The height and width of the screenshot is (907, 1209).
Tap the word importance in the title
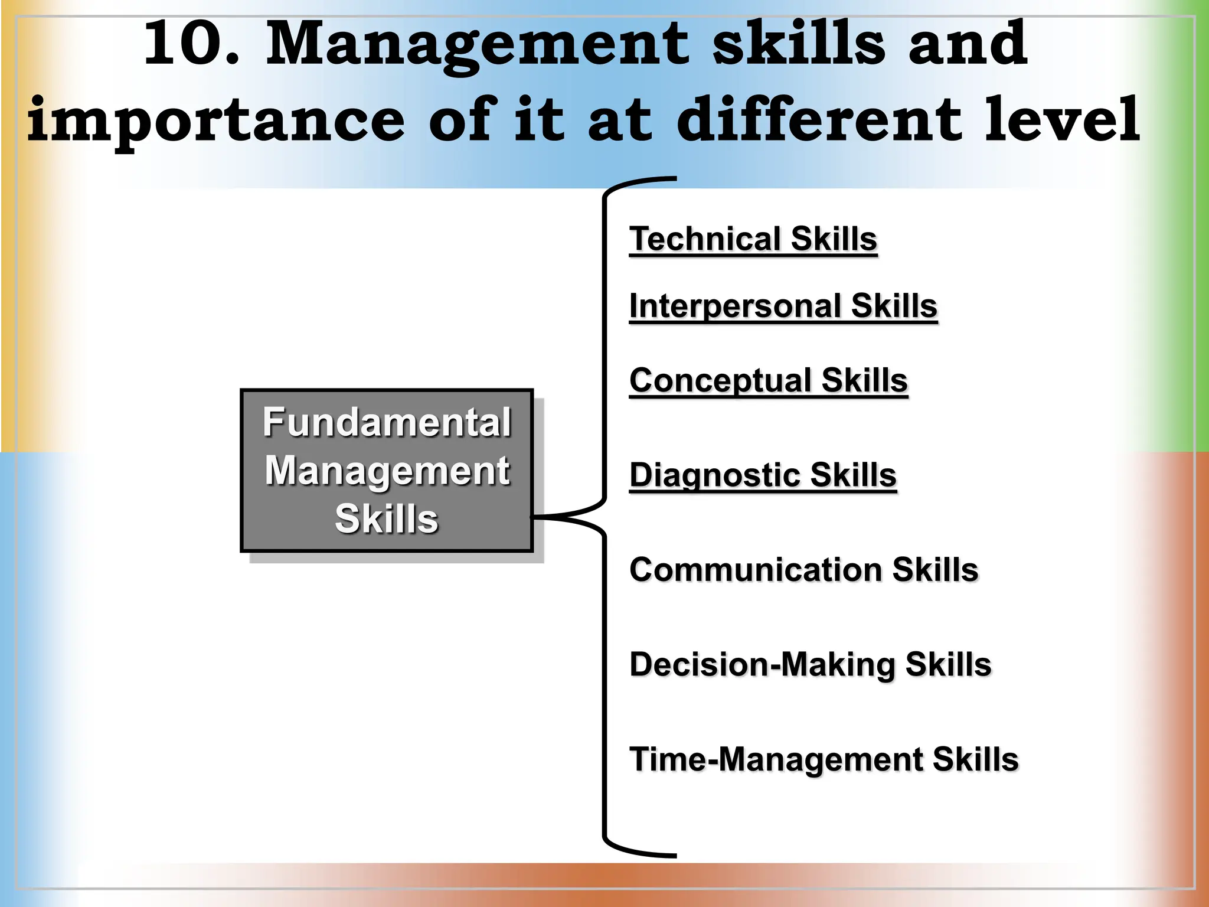point(216,121)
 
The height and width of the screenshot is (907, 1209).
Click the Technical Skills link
point(753,239)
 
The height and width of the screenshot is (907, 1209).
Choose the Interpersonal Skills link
point(783,306)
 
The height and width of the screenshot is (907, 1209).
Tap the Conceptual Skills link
point(768,380)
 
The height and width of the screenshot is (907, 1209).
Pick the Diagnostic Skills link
point(763,475)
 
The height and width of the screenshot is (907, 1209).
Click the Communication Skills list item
point(803,570)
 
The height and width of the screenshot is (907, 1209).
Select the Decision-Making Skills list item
point(810,664)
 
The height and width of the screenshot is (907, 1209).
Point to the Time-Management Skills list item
point(824,759)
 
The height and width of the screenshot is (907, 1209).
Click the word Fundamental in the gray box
point(387,422)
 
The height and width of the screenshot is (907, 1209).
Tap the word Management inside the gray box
point(387,471)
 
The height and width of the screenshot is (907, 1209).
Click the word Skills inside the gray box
point(387,518)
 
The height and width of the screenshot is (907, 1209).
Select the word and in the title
point(968,44)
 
